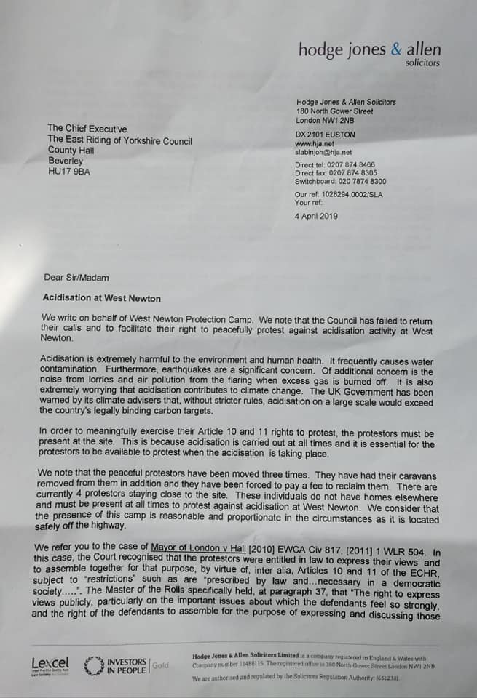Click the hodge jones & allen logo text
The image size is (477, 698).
pyautogui.click(x=369, y=49)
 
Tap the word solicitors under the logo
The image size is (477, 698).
pyautogui.click(x=422, y=63)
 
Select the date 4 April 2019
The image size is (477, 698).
pyautogui.click(x=316, y=216)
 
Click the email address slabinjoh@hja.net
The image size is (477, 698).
pyautogui.click(x=323, y=153)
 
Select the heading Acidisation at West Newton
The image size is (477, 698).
pyautogui.click(x=101, y=298)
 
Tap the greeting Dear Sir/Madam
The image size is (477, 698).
pyautogui.click(x=76, y=277)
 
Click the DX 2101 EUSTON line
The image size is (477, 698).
pyautogui.click(x=326, y=135)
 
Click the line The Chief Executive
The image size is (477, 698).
pyautogui.click(x=87, y=129)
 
